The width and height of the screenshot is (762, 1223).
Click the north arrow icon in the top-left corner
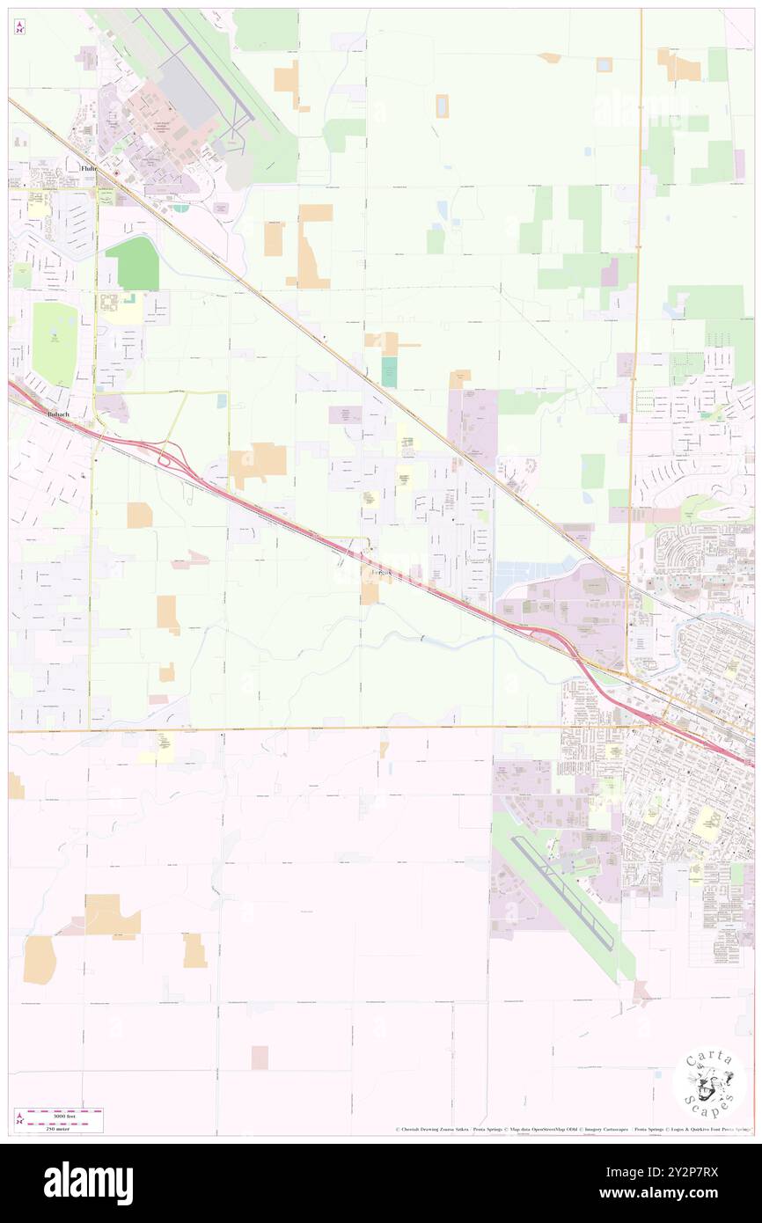click(19, 27)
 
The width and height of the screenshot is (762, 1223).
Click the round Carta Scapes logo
click(709, 1083)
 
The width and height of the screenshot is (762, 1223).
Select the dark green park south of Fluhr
click(132, 261)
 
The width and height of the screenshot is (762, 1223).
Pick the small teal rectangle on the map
click(388, 371)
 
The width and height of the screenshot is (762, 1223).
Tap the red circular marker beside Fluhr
click(114, 173)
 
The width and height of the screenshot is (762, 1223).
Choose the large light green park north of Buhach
click(55, 343)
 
